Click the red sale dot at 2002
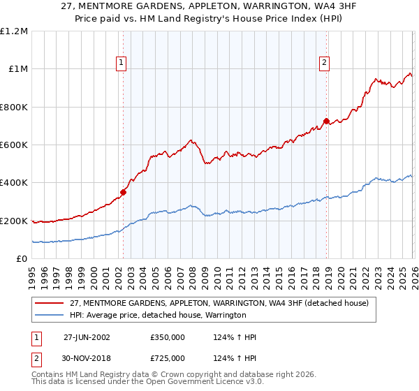click(124, 192)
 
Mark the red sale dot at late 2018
click(326, 121)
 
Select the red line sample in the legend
click(50, 303)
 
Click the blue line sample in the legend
click(50, 316)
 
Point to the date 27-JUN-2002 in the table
click(87, 337)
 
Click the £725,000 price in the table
click(168, 358)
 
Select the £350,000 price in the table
click(168, 337)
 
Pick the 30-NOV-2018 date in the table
click(87, 358)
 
